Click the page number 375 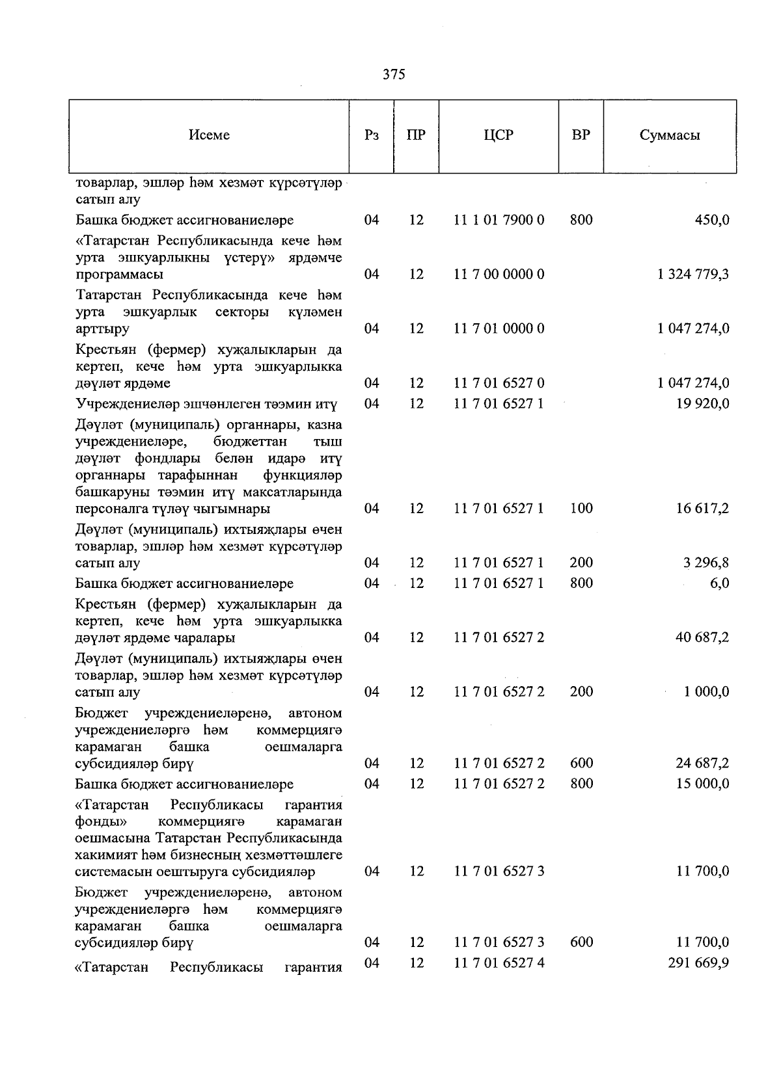(x=394, y=75)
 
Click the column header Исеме (x=209, y=135)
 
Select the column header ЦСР (x=499, y=135)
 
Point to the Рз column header (x=372, y=135)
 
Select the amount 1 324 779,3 (x=693, y=274)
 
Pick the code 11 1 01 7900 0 (x=499, y=220)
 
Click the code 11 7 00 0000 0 (x=499, y=274)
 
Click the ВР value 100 (x=581, y=508)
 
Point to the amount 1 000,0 (x=706, y=692)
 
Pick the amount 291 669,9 (x=698, y=963)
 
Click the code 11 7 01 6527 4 (x=499, y=963)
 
